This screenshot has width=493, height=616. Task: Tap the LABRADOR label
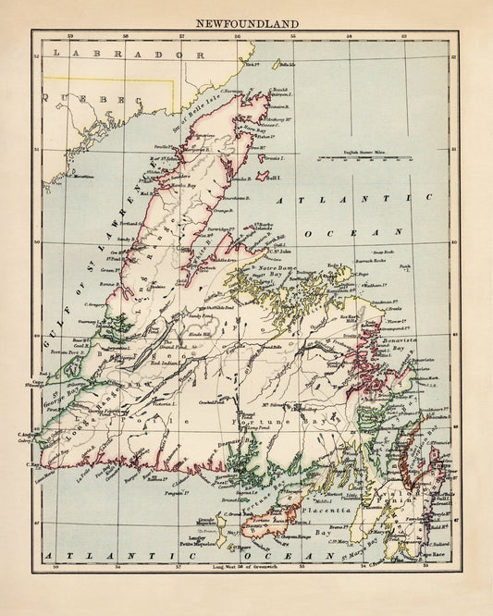121,55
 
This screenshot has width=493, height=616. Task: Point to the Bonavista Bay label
403,341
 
